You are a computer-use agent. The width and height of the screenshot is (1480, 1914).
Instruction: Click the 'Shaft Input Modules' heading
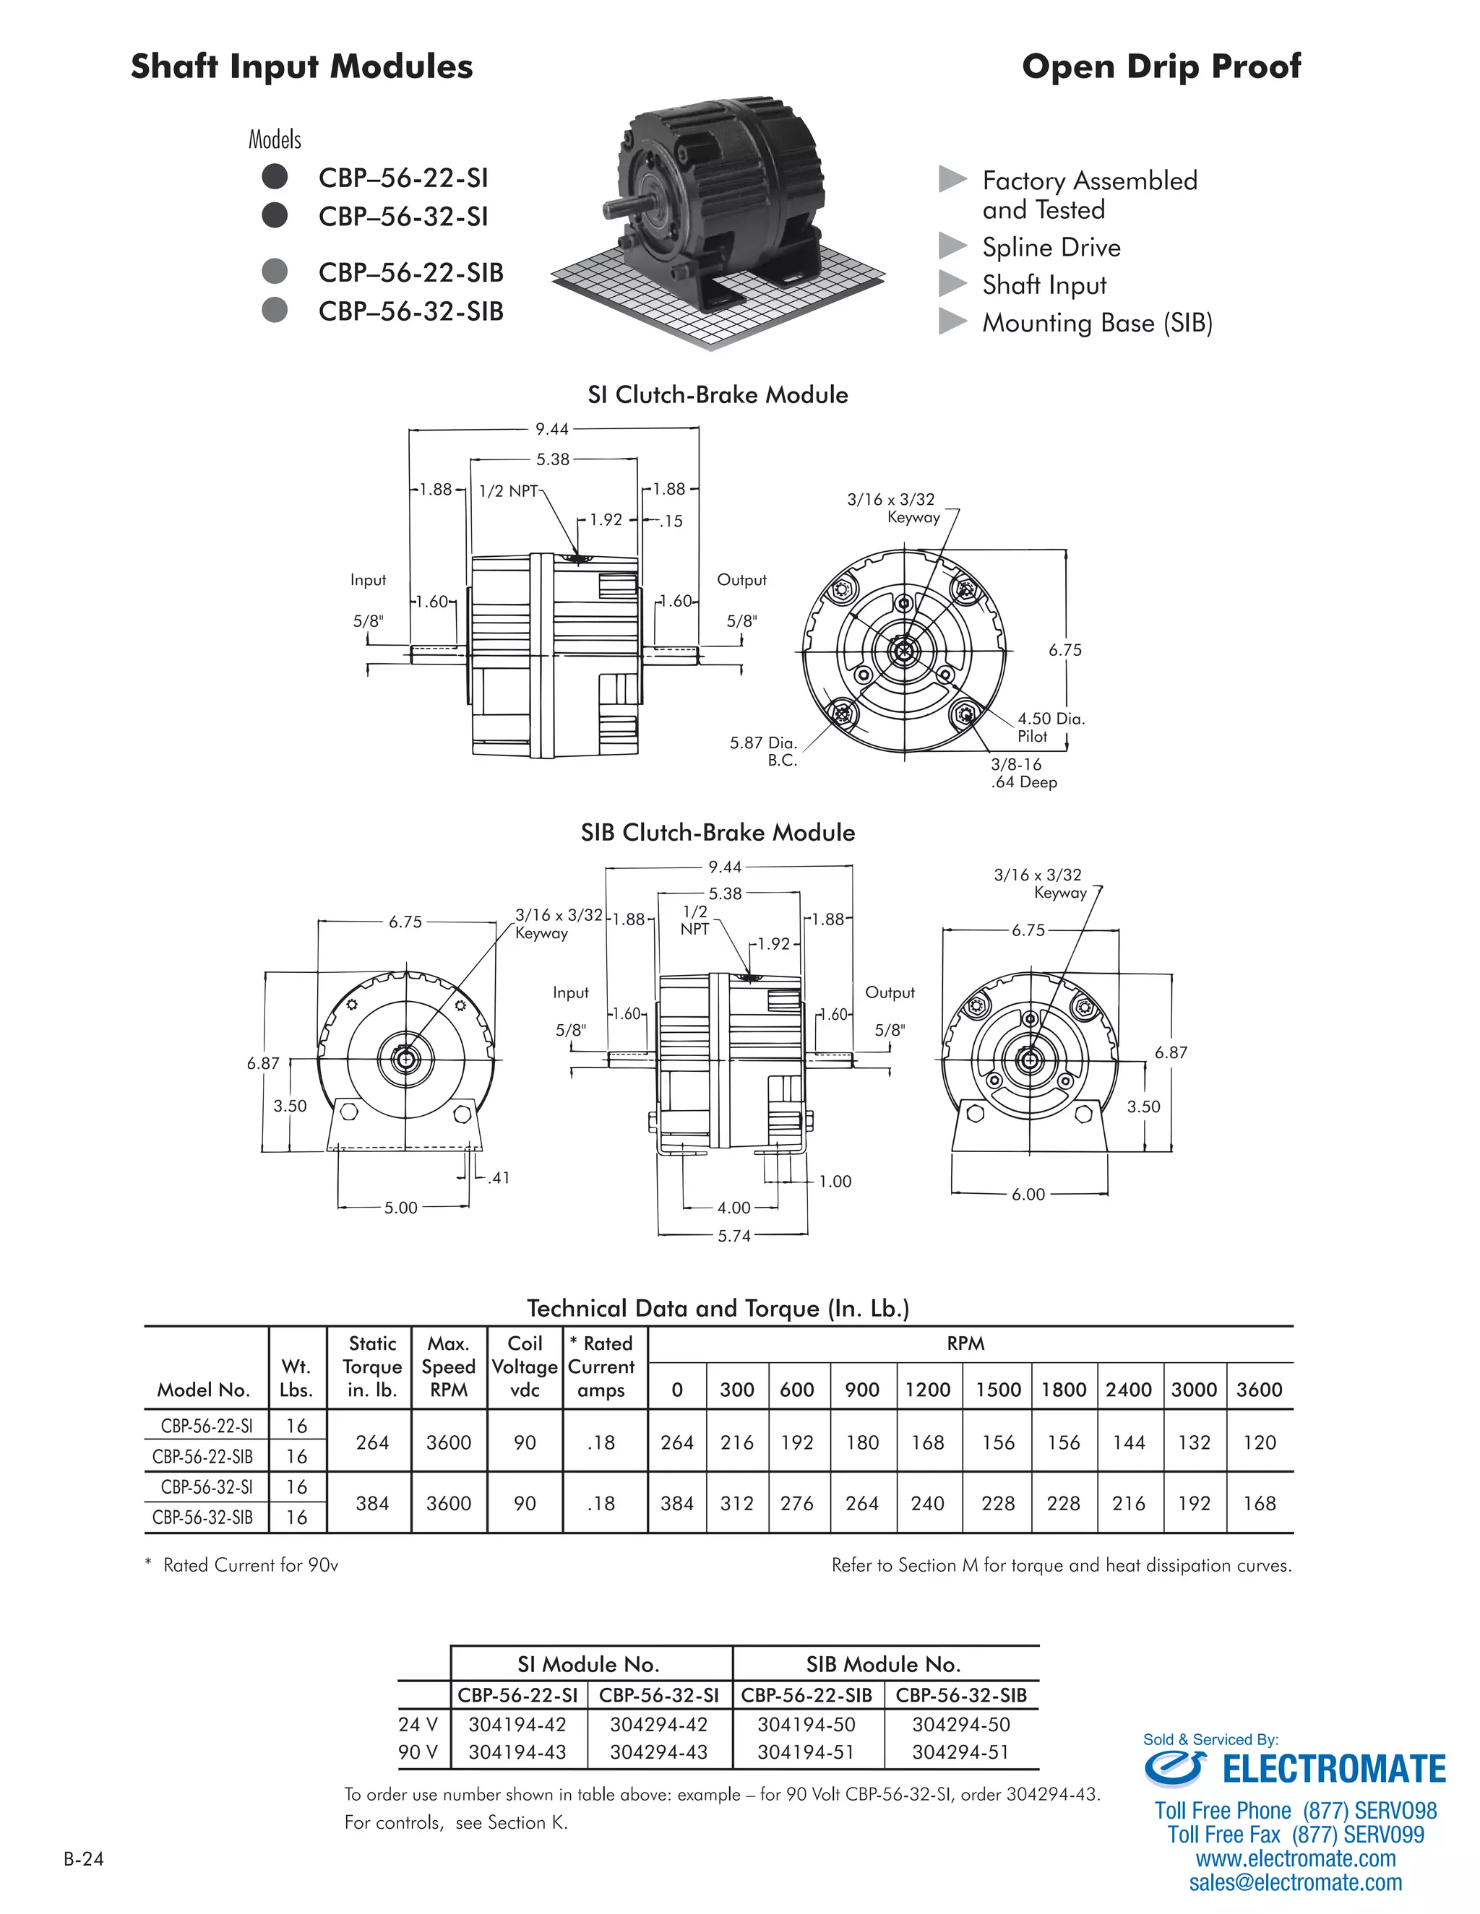(301, 66)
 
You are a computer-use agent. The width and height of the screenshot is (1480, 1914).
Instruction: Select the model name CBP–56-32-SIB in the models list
(410, 311)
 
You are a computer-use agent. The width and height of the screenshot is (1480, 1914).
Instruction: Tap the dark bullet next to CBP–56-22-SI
(275, 176)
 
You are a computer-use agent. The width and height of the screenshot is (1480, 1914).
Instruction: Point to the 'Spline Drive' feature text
(1050, 247)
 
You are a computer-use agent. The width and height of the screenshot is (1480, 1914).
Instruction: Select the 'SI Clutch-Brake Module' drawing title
(717, 394)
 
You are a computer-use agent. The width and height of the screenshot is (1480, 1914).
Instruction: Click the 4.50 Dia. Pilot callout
(1050, 727)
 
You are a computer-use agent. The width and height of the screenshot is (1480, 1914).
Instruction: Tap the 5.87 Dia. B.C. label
(763, 751)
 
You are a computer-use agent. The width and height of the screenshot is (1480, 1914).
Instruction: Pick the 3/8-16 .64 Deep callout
(1023, 773)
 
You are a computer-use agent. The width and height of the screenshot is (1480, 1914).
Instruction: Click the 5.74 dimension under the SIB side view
(734, 1236)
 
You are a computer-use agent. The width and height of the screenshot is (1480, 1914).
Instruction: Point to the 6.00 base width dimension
(1028, 1194)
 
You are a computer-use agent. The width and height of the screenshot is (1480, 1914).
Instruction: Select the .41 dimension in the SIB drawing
(499, 1178)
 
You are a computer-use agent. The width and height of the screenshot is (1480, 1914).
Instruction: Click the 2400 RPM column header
(1128, 1389)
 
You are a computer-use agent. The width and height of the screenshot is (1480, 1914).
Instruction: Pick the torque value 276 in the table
(797, 1503)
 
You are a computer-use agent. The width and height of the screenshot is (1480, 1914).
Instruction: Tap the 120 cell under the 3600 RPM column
(1259, 1442)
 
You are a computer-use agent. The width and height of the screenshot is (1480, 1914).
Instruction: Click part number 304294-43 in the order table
(658, 1752)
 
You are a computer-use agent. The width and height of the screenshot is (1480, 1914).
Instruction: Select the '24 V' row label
(418, 1724)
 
